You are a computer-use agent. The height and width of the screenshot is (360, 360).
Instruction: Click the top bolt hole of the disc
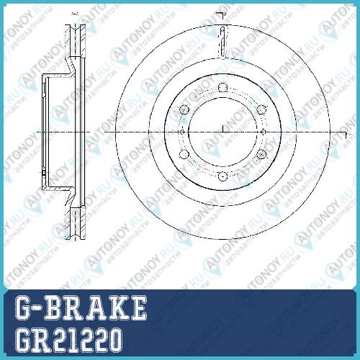click(222, 88)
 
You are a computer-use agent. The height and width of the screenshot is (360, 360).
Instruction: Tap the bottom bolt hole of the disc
click(222, 176)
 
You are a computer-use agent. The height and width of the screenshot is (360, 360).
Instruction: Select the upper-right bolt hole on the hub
click(261, 109)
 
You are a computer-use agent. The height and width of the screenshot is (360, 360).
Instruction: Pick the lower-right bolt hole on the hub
click(261, 154)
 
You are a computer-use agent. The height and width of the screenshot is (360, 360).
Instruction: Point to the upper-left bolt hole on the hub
click(184, 109)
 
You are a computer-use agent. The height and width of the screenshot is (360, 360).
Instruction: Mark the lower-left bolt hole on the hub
click(184, 154)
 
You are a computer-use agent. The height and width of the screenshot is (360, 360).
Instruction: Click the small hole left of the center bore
click(182, 132)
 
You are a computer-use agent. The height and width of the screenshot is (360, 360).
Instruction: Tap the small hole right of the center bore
click(264, 132)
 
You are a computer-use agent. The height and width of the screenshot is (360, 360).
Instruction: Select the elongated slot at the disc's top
click(222, 42)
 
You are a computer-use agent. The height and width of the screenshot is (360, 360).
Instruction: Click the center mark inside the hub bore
click(223, 129)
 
